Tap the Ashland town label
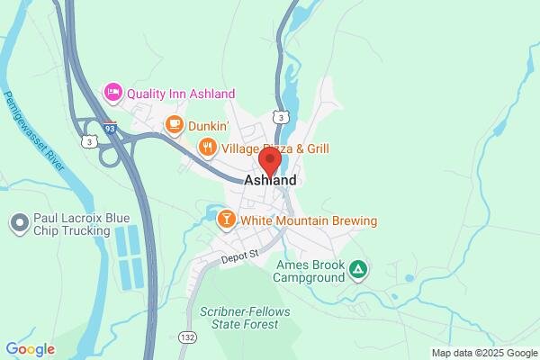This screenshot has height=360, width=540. [270, 180]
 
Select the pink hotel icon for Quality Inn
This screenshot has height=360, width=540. [112, 91]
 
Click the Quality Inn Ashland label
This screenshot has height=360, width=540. [181, 94]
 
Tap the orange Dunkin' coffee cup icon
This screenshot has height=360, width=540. [174, 125]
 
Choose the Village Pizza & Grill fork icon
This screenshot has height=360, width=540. [208, 148]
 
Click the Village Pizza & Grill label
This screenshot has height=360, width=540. [275, 148]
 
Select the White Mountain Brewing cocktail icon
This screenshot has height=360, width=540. [227, 220]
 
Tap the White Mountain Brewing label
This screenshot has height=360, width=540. [309, 220]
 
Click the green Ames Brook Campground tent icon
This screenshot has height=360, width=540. [358, 268]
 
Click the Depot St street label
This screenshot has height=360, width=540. [240, 256]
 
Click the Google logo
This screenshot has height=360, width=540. [30, 348]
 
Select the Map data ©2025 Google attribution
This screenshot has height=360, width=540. [483, 352]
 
